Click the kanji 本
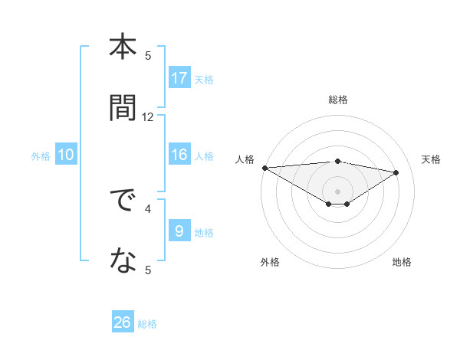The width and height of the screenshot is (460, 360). [123, 47]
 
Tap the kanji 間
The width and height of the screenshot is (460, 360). [123, 108]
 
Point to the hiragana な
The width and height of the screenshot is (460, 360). [123, 262]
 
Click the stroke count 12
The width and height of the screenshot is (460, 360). [148, 117]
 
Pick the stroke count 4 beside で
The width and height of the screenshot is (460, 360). [148, 208]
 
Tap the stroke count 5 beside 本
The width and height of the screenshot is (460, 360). [148, 55]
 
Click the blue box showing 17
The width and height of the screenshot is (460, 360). [179, 78]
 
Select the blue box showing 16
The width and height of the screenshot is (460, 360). [179, 155]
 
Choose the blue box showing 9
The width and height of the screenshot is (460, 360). [179, 231]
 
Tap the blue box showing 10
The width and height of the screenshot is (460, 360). [66, 155]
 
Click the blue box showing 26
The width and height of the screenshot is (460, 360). [123, 323]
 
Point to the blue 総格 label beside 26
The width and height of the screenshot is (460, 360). [148, 324]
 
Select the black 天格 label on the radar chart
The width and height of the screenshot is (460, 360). [432, 159]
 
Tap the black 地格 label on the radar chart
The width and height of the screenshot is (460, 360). [402, 262]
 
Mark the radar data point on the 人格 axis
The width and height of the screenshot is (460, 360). [264, 168]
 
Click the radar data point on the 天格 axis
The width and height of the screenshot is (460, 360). [396, 172]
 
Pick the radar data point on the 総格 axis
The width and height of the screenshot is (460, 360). [337, 161]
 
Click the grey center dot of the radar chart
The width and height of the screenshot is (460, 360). [337, 191]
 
